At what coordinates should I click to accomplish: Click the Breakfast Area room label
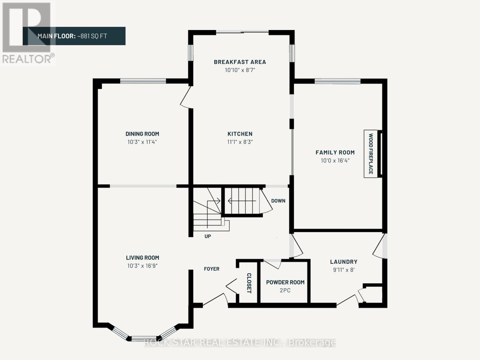(x=240, y=62)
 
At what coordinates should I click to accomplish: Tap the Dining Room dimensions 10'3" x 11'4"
(x=142, y=142)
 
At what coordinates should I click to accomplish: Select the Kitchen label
(x=240, y=134)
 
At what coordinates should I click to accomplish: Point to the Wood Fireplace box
(x=371, y=154)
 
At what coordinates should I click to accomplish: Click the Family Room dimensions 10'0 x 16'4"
(x=335, y=161)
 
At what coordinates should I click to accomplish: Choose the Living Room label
(x=142, y=258)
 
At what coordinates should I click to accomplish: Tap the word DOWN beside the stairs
(x=278, y=201)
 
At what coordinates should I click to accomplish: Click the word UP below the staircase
(x=208, y=236)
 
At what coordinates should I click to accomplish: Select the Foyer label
(x=211, y=269)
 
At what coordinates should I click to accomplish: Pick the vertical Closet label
(x=249, y=283)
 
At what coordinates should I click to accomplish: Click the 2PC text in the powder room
(x=285, y=290)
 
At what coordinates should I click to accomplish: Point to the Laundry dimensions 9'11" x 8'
(x=343, y=270)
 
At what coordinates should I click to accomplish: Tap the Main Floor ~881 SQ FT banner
(x=74, y=36)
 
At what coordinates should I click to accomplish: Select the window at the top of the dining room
(x=143, y=81)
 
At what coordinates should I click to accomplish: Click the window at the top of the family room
(x=337, y=81)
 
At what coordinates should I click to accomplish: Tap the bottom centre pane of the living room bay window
(x=144, y=339)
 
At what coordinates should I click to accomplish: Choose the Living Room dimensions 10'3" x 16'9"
(x=142, y=266)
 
